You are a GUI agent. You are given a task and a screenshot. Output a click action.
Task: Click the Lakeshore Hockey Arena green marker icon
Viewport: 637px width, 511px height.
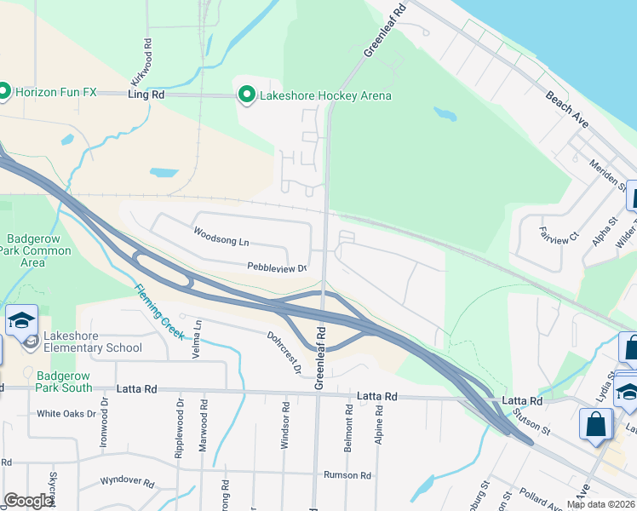tap(247, 95)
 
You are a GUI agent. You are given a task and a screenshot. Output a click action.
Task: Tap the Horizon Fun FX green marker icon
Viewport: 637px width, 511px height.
tap(3, 89)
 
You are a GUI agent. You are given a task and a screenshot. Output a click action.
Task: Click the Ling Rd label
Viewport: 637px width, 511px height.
tap(146, 95)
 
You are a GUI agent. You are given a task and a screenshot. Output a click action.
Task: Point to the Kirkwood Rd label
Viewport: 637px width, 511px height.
tap(147, 53)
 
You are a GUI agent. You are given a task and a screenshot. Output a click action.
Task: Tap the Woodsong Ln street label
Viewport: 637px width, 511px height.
tap(220, 238)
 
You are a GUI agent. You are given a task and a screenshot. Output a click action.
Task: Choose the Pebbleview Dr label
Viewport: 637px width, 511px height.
tap(276, 267)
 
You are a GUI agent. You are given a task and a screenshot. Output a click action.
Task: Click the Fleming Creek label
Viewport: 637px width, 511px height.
tap(158, 308)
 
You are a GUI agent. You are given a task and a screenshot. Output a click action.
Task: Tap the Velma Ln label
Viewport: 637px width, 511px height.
tap(198, 324)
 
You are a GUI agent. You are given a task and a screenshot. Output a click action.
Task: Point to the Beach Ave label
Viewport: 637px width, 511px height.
tap(568, 110)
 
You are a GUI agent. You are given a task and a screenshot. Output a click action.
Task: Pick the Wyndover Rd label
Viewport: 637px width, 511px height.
tap(127, 483)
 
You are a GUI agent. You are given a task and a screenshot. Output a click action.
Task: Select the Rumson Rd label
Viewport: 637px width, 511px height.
tap(347, 475)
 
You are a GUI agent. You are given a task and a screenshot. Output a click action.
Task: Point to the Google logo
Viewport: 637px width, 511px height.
tap(29, 501)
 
